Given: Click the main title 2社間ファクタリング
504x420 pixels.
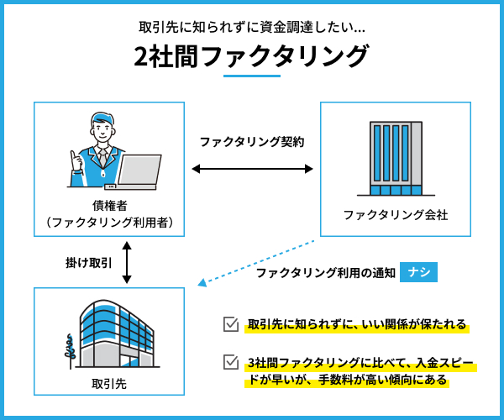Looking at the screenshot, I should click(251, 56).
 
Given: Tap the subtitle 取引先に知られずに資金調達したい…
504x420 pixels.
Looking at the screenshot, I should click(251, 26).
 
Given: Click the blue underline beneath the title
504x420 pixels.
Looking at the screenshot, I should click(252, 77).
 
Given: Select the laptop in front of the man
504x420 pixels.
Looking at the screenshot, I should click(138, 171).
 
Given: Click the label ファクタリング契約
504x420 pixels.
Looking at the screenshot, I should click(251, 143).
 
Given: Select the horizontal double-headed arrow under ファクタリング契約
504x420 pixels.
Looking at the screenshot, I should click(252, 170).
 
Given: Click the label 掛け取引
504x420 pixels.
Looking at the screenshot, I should click(88, 263).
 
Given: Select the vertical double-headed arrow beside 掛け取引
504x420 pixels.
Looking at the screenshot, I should click(127, 262).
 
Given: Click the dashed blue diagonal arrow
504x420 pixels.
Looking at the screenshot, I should click(256, 263).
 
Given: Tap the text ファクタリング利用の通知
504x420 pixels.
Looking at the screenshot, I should click(325, 273).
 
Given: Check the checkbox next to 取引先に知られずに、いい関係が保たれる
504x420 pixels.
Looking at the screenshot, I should click(231, 324).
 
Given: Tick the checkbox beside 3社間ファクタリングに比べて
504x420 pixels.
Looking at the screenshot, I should click(231, 363).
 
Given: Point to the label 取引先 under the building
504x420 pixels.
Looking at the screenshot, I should click(108, 384).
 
